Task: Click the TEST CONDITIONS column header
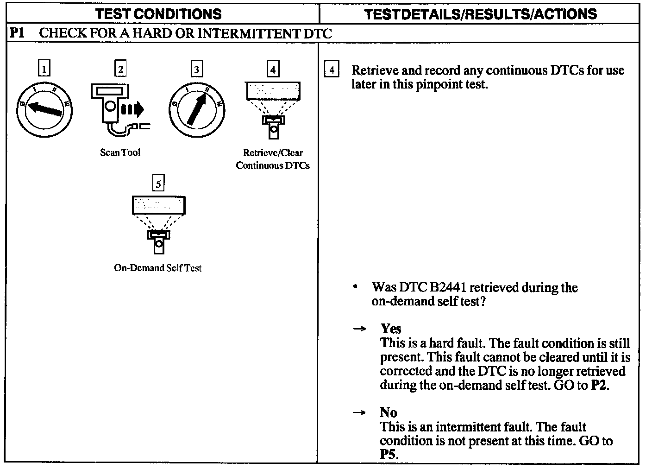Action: coord(158,14)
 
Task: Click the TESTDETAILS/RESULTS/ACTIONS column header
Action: coord(481,14)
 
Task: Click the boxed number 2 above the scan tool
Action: coord(120,69)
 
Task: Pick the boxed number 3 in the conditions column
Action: coord(197,69)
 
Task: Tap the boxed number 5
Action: coord(158,184)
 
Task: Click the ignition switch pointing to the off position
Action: coord(44,110)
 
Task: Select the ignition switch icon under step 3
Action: coord(197,110)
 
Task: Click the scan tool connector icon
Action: coord(119,110)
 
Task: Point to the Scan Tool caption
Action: coord(120,152)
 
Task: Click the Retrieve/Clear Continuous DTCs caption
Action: coord(273,159)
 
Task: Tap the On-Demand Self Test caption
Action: coord(157,268)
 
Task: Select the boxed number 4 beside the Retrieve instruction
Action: coord(331,70)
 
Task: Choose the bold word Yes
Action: coord(391,329)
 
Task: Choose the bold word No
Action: coord(388,412)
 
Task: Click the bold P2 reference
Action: coord(599,386)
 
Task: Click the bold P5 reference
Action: coord(388,454)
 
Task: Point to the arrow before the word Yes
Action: coord(359,329)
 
